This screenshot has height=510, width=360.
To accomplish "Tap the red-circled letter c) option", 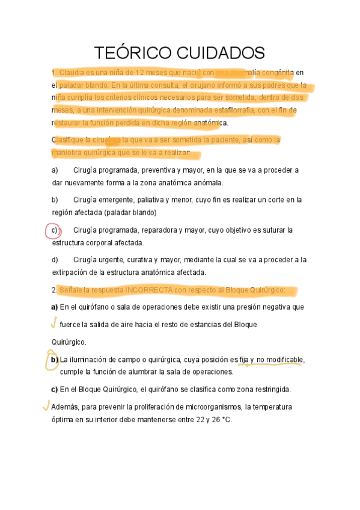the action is [54, 230].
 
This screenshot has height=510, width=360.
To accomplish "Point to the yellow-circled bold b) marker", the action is [54, 360].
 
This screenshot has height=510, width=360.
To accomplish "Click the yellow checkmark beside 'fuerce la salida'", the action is [53, 324].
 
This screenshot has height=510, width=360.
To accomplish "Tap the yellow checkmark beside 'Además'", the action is [46, 405].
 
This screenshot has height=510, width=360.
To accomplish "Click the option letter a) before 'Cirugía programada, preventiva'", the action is [55, 170].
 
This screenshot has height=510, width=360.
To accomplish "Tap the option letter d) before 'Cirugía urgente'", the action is [55, 260].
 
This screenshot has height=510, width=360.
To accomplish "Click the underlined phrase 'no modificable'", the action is [279, 360].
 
